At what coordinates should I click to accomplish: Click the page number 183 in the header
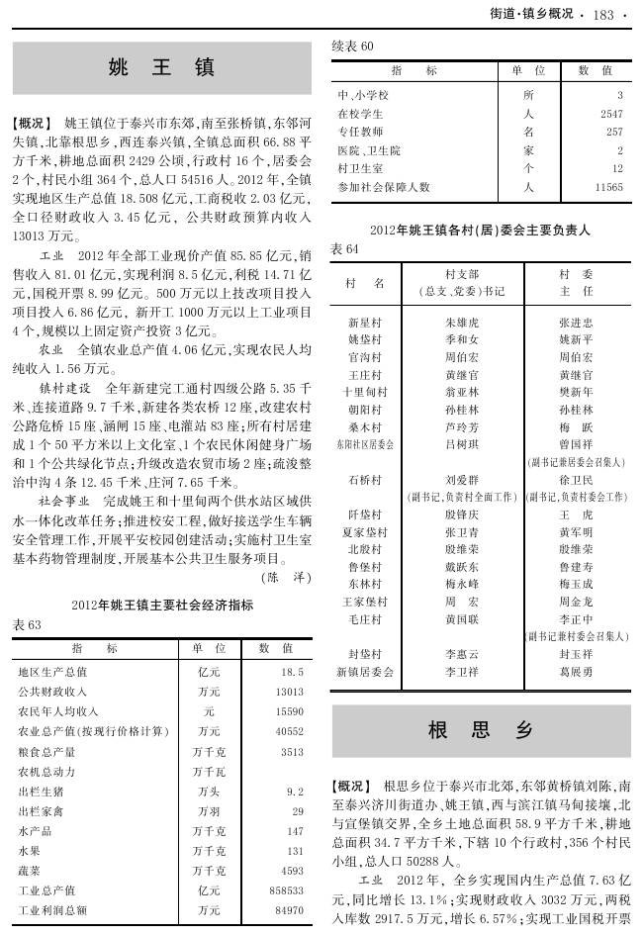[603, 14]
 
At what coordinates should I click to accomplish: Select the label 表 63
[27, 625]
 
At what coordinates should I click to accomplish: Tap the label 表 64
[344, 248]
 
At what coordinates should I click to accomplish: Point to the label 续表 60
[352, 46]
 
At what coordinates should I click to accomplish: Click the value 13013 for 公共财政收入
[289, 692]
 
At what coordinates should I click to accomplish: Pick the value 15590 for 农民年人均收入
[289, 711]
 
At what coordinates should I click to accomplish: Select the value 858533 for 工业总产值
[286, 890]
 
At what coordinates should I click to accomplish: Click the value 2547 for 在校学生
[610, 114]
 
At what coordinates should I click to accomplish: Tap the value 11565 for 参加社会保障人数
[607, 186]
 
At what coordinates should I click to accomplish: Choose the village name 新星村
[366, 323]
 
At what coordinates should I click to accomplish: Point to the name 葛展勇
[576, 672]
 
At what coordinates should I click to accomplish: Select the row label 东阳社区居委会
[366, 445]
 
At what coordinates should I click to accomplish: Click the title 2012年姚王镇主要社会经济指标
[162, 605]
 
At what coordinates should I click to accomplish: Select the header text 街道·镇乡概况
[530, 14]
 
